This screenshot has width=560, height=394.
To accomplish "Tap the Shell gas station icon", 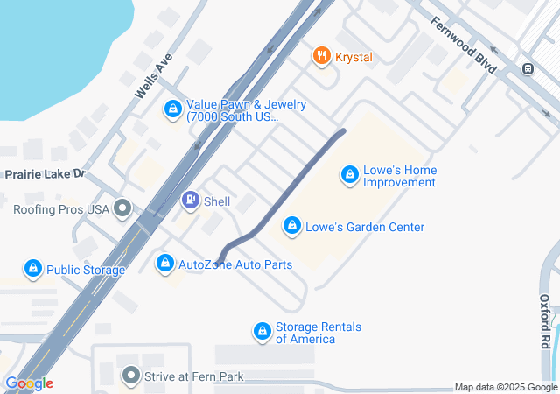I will [x=190, y=201].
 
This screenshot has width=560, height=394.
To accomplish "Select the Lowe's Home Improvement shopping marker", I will [x=350, y=176].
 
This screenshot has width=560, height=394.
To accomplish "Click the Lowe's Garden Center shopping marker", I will [x=291, y=227].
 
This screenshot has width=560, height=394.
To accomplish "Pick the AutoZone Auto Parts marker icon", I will [x=164, y=263].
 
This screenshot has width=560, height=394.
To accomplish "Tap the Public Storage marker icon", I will [x=33, y=269].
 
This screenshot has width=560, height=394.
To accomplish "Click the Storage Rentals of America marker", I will [x=262, y=332].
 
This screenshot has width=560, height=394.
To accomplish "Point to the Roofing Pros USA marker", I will [x=122, y=209].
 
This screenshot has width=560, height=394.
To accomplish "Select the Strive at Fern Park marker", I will [x=131, y=376].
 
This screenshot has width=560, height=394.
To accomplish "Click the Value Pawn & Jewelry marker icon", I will [x=173, y=110].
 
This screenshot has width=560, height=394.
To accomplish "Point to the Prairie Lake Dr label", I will [x=44, y=174].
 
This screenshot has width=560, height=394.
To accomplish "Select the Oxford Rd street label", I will [x=544, y=323].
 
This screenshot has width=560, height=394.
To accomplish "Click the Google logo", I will [x=29, y=383].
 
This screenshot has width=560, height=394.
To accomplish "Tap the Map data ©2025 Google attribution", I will [x=506, y=388].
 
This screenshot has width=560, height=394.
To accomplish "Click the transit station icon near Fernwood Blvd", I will [x=528, y=69].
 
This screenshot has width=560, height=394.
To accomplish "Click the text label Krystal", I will [x=353, y=57].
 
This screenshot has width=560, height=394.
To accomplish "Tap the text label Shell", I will [x=217, y=201].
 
